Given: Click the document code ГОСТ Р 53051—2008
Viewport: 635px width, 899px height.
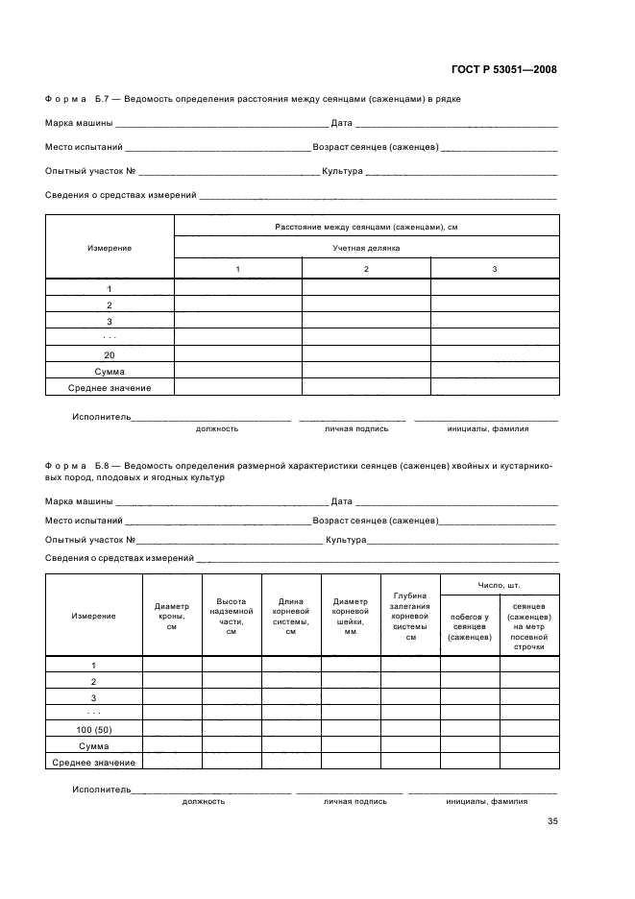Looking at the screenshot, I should pos(503,69).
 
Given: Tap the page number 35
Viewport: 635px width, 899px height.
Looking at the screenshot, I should pos(552,821).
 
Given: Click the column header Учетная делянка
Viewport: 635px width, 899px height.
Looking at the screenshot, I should pos(366,247).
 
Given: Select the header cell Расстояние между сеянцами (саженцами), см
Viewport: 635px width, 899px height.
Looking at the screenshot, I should pos(366,226).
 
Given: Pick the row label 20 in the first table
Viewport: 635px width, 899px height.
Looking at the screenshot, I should pos(110,354).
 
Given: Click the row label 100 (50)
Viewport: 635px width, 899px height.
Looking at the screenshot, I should pos(94,729).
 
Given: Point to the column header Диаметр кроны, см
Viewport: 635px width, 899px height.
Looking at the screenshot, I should pos(172,616).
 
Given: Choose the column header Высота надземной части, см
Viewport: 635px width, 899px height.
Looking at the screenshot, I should pos(232,616).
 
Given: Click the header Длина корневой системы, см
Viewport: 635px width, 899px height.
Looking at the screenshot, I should pos(291,616).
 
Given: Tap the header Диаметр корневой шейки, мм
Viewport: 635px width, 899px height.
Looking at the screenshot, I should pos(351,616).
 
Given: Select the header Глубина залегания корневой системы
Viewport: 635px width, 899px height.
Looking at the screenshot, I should pos(410,616).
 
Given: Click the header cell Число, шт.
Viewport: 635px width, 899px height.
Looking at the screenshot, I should pos(500,584).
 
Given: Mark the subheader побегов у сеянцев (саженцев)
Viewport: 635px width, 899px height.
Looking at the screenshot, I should pos(470,626).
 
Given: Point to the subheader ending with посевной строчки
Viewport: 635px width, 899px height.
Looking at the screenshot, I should pos(529,626).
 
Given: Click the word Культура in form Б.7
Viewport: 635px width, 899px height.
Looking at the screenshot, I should pos(342,171).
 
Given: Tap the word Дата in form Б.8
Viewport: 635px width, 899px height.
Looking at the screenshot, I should pos(341,500).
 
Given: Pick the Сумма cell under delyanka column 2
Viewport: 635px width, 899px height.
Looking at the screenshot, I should pos(366,371).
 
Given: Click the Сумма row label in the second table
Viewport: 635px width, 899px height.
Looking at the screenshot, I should pos(94,745).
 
